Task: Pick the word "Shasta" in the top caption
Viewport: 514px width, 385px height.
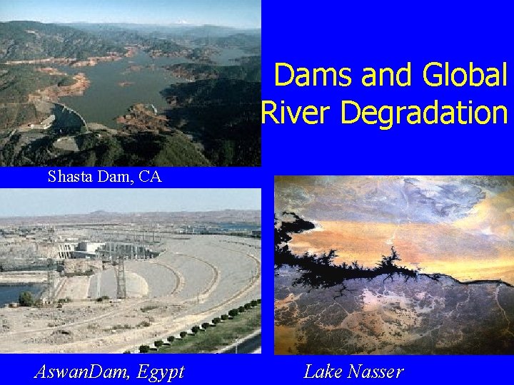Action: coord(68,177)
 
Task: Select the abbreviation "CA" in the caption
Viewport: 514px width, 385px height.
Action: coord(151,177)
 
